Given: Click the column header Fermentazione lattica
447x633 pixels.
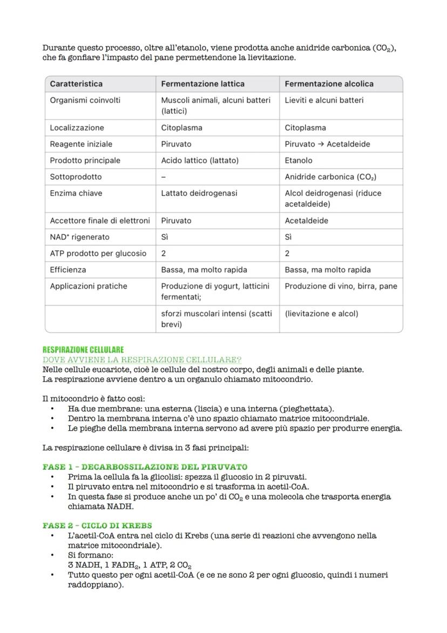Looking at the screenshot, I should pos(202,84).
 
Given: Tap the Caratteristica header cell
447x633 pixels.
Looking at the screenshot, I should pos(76,84).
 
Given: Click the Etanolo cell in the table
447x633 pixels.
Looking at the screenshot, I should pos(299,161).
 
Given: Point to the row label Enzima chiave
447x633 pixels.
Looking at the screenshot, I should pos(76,193).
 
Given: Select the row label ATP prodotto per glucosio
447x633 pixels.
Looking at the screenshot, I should pos(98,254).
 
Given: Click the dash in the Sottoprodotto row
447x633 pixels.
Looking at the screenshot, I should pos(164,177).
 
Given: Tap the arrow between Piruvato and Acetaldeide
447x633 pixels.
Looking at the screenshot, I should pos(321,144).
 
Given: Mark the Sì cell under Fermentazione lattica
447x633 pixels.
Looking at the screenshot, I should pos(165,237).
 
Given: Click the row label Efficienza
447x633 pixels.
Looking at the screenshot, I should pos(68,270).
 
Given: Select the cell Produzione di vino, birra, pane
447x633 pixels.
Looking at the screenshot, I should pos(341,286).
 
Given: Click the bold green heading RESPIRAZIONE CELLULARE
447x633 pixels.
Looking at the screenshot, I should pos(83,350).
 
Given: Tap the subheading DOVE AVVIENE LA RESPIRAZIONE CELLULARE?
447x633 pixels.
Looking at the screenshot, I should pos(142,360).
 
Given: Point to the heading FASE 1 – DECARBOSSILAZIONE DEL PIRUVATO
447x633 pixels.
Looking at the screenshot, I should pos(145,467).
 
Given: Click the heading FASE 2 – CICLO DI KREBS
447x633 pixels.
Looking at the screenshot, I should pos(97,525).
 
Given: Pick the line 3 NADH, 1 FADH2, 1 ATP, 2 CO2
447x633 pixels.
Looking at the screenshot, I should pos(130,565).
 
